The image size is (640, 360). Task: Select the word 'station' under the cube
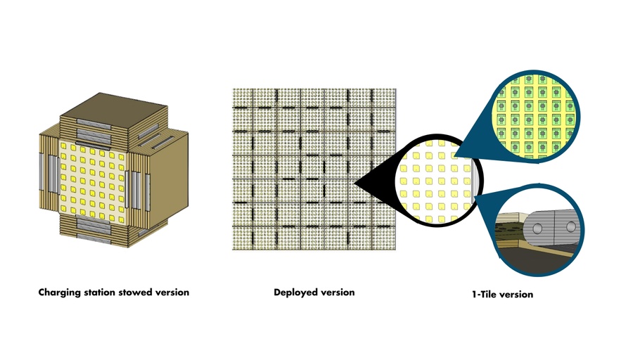[100, 292]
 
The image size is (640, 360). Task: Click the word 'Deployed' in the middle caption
[295, 292]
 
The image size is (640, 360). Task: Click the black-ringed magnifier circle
[436, 180]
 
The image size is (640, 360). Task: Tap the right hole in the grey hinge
[568, 227]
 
